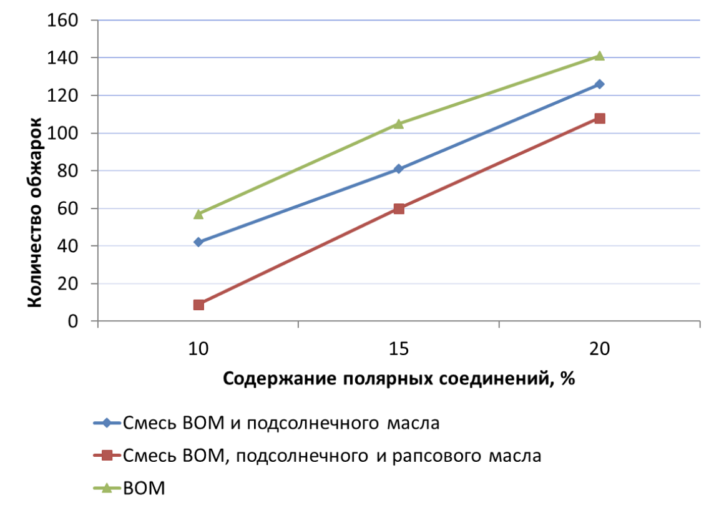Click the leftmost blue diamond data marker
(x=198, y=242)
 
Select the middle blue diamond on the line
(x=398, y=169)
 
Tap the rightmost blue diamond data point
(x=599, y=84)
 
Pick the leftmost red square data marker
(x=198, y=305)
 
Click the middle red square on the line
(x=399, y=208)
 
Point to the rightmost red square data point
(x=599, y=119)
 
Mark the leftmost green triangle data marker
(x=198, y=214)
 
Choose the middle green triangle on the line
(x=399, y=124)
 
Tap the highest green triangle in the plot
(x=599, y=56)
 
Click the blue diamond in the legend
(x=107, y=423)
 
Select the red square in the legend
(x=107, y=455)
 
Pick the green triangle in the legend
(x=107, y=488)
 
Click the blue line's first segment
(x=298, y=205)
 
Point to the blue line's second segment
(x=499, y=126)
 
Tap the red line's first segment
(x=298, y=256)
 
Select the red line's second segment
(x=499, y=164)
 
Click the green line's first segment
(x=298, y=169)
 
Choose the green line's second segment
(x=499, y=90)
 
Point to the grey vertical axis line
(x=97, y=187)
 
